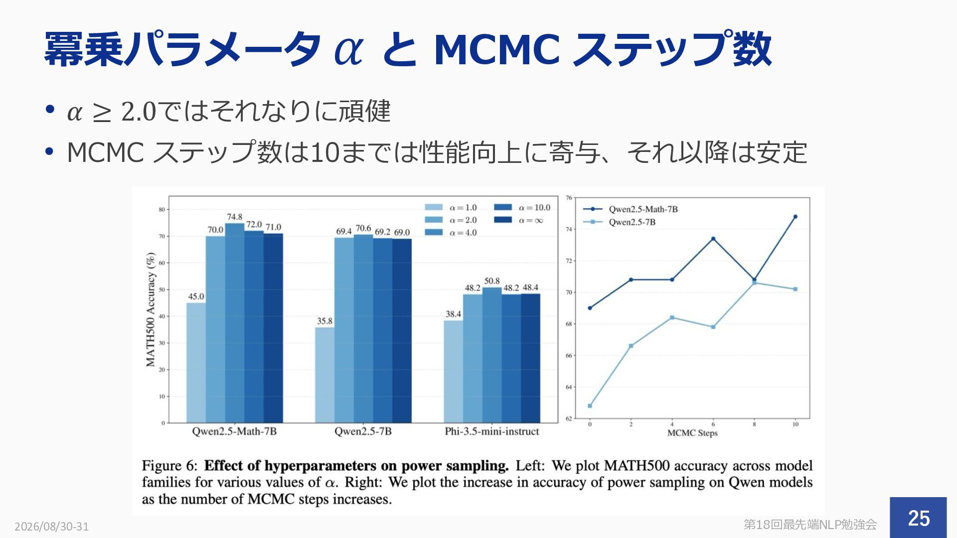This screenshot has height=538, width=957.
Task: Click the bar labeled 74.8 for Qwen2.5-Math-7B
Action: (235, 323)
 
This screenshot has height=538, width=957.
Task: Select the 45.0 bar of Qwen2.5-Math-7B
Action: (196, 363)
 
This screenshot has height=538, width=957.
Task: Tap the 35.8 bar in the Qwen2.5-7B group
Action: (324, 375)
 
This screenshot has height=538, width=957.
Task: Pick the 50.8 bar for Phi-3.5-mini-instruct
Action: (492, 355)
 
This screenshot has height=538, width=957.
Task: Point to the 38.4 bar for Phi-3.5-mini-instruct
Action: (453, 372)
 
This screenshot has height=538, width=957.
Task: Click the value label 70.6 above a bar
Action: (363, 229)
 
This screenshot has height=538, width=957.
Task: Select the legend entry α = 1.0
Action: (451, 208)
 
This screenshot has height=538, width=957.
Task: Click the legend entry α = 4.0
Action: (451, 233)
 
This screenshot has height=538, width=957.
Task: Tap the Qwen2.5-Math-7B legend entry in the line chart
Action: (631, 209)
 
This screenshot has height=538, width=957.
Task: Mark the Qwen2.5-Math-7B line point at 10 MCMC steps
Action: (795, 217)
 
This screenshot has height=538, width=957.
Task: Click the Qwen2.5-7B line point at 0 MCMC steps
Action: (590, 406)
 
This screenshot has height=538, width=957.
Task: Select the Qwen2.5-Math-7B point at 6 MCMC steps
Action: (713, 239)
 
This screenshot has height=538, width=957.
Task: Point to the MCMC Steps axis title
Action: (692, 433)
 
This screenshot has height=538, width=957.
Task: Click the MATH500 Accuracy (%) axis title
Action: (151, 310)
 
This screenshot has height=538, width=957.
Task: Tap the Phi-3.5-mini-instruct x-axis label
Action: (492, 431)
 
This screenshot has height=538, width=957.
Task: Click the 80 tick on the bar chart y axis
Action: (161, 210)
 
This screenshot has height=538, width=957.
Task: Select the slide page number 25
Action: (919, 518)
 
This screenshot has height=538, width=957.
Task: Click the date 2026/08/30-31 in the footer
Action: (52, 527)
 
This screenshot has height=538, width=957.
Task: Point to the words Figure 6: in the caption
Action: (170, 466)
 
